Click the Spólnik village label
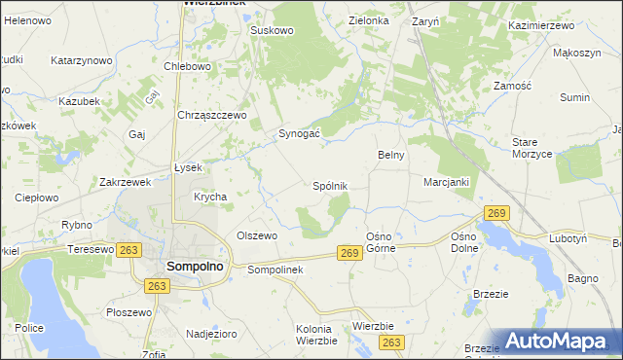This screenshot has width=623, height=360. [329, 185]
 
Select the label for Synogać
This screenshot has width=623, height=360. [300, 133]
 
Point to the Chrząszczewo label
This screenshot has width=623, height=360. [212, 114]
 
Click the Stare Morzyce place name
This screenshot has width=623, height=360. [532, 148]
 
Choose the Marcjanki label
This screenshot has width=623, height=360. [447, 182]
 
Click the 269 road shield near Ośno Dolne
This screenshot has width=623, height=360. [496, 213]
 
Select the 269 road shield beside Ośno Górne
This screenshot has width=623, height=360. [351, 253]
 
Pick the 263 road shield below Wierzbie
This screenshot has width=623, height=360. [392, 342]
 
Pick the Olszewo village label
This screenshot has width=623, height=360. [258, 235]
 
